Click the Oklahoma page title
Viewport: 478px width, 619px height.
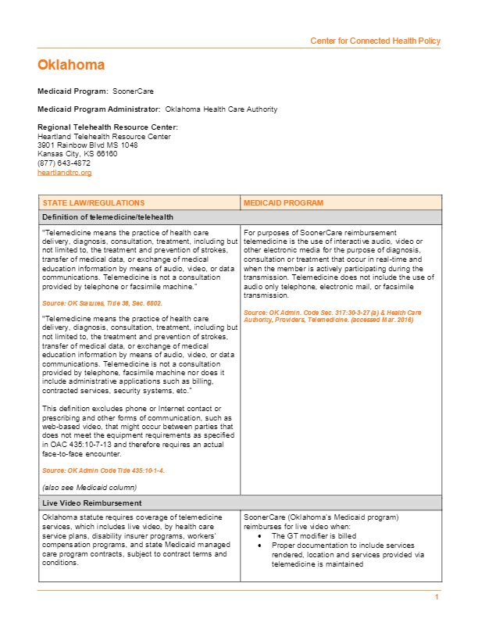[71, 65]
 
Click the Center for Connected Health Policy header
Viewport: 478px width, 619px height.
[375, 41]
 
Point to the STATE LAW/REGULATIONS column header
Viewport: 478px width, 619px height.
[94, 203]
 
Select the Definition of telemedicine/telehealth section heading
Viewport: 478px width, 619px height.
[108, 217]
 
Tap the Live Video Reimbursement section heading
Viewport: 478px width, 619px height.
[92, 503]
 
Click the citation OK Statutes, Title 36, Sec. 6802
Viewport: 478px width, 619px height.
[102, 302]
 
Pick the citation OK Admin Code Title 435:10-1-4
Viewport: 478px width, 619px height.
[103, 471]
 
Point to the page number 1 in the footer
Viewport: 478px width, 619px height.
[437, 597]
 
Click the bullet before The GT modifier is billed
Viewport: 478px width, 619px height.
[259, 537]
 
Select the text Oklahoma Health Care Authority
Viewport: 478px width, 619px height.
[222, 109]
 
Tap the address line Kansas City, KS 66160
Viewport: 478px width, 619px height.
[77, 154]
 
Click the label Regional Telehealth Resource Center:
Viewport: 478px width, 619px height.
[108, 127]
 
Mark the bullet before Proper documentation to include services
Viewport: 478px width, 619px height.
[259, 546]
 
